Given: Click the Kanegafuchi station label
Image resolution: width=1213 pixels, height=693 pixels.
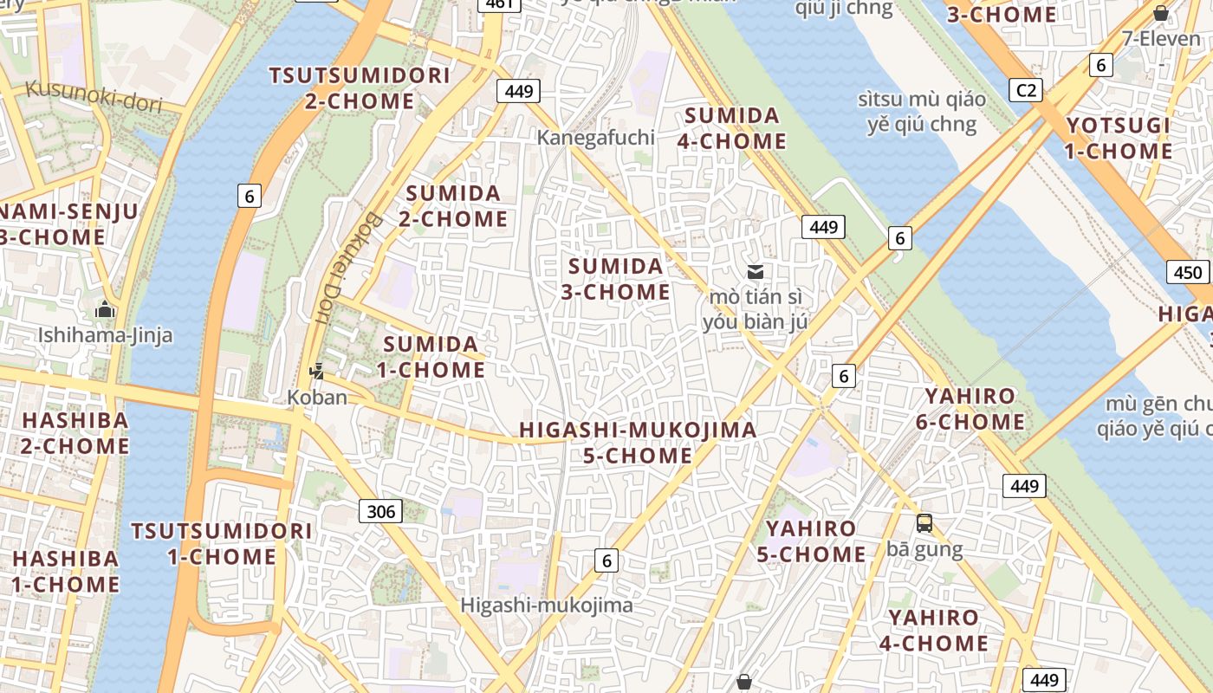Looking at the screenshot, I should (x=595, y=138).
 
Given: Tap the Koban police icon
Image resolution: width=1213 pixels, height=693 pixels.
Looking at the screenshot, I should (x=316, y=372).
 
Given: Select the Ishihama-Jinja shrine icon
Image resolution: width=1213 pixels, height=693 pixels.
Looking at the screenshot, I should (x=106, y=309).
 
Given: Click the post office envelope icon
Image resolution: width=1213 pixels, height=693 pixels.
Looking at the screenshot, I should (x=756, y=272).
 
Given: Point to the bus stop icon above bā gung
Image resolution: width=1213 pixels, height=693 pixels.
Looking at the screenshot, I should (x=924, y=522).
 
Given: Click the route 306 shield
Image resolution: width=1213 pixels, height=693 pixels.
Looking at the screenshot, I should (x=381, y=511).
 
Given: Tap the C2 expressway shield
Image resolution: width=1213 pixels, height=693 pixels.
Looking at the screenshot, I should (x=1027, y=89).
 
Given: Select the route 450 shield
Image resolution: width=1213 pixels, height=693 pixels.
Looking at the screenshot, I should (x=1187, y=273).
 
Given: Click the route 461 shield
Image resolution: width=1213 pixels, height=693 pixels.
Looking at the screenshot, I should (x=501, y=4).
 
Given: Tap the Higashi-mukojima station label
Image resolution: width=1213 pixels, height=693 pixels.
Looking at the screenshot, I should (x=547, y=606).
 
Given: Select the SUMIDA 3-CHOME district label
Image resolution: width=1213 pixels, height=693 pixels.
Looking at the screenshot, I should (x=615, y=279).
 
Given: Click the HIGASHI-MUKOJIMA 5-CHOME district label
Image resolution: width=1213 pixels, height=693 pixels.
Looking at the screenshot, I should (x=638, y=442).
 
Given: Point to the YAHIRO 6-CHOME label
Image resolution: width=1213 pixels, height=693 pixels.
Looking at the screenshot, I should (x=970, y=409).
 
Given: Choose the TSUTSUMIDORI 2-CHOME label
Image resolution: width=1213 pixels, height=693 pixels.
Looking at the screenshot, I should (x=360, y=87).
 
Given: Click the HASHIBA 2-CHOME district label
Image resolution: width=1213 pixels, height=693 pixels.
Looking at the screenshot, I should (x=75, y=433).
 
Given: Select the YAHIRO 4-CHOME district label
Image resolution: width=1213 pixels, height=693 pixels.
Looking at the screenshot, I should (x=933, y=630).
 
